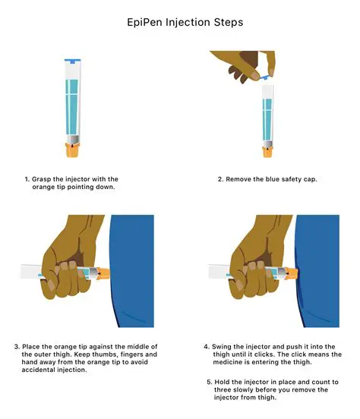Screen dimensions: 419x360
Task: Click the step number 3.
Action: (x=17, y=347)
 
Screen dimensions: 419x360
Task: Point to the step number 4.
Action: (x=207, y=347)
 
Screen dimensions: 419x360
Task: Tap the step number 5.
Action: (x=210, y=381)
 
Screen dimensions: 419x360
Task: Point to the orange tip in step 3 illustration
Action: (x=103, y=271)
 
